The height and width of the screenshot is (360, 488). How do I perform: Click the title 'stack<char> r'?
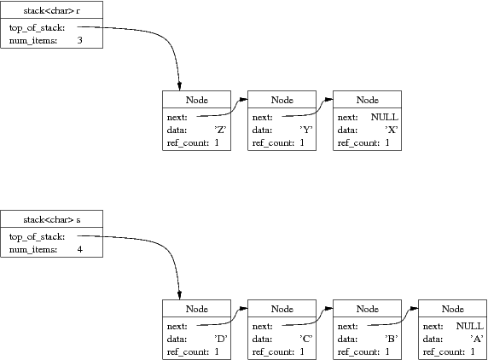(52, 10)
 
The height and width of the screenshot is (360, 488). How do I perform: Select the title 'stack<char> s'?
(52, 220)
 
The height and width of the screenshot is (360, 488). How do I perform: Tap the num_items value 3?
(80, 40)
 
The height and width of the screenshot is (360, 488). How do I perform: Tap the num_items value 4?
(80, 249)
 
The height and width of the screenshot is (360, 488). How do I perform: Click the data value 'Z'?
(220, 130)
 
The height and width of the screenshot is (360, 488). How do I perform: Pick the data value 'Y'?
(306, 130)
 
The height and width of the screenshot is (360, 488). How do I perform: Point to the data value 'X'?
(392, 130)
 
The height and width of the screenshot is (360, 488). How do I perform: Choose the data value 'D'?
(221, 339)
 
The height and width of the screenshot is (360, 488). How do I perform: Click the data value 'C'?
(306, 339)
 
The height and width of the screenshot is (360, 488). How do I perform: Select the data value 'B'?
(392, 339)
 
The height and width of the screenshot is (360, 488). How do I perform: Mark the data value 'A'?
(477, 339)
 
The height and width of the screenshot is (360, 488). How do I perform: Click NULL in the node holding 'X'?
(385, 117)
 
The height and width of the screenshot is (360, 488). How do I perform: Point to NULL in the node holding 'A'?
(469, 326)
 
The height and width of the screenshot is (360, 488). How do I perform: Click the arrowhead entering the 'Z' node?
(179, 86)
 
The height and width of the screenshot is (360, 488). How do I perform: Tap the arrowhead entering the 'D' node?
(179, 295)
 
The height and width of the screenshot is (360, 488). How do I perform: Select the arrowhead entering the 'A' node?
(415, 309)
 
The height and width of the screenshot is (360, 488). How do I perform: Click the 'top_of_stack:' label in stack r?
(37, 27)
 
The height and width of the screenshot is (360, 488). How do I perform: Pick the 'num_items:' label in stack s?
(33, 250)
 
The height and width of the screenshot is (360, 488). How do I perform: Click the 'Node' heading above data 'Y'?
(282, 100)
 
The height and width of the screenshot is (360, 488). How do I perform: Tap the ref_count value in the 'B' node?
(387, 351)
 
